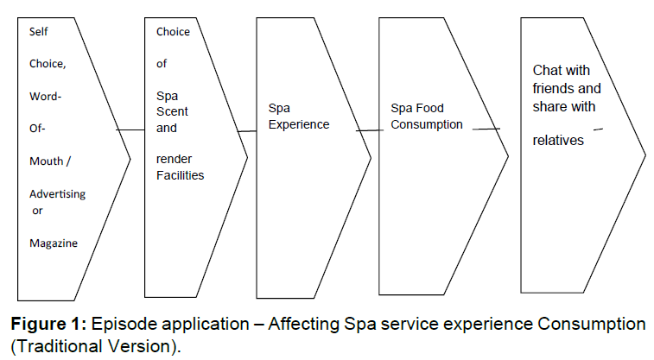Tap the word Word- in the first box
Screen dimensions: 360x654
point(45,96)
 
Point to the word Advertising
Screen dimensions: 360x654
point(58,194)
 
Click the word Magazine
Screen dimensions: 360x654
point(54,243)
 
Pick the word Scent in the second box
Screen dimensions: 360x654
point(172,111)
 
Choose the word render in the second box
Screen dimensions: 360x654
point(173,159)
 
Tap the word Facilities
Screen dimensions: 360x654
point(179,174)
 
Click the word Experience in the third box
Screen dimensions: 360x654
point(299,124)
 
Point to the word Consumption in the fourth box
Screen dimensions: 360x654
point(427,124)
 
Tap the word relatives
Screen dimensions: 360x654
point(558,139)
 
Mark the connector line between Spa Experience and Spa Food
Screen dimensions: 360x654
point(369,129)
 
